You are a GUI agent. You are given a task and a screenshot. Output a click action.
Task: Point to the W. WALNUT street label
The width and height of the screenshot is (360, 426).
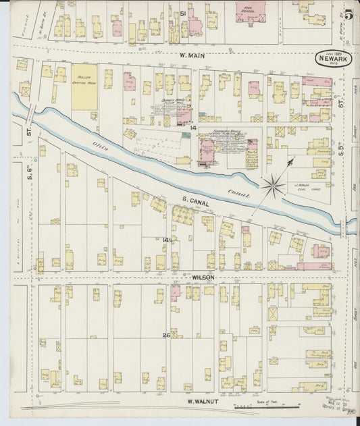point(202,401)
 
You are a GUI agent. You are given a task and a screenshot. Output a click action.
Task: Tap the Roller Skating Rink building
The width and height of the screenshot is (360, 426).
point(84,87)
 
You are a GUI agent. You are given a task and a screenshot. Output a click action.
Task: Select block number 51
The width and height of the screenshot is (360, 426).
point(182,14)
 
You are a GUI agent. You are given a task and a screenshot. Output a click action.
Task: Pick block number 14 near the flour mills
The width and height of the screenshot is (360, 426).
point(192,128)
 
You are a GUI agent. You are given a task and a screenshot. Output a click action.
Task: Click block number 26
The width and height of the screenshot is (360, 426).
point(165,335)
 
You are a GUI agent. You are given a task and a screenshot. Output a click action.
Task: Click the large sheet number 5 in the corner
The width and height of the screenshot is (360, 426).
point(347,11)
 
